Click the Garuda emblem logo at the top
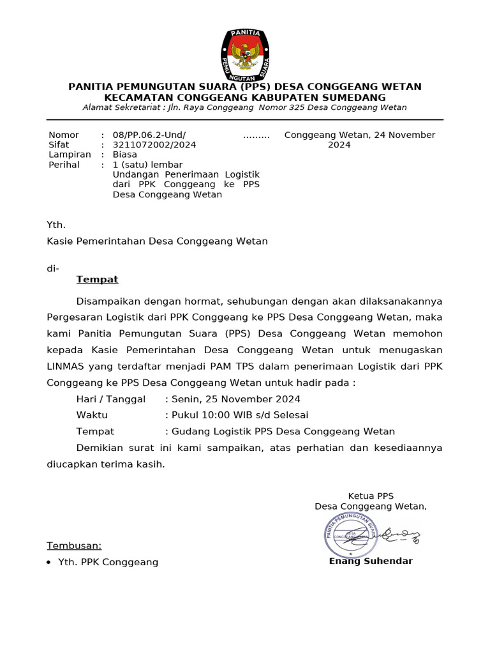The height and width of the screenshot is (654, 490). pyautogui.click(x=245, y=53)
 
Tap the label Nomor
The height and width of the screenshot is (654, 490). pyautogui.click(x=64, y=135)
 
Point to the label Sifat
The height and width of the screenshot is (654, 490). pyautogui.click(x=59, y=145)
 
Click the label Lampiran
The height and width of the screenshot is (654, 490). pyautogui.click(x=70, y=155)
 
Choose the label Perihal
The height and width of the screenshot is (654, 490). pyautogui.click(x=64, y=165)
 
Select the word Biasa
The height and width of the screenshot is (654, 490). pyautogui.click(x=125, y=155)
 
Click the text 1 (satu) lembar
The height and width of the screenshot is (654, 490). pyautogui.click(x=147, y=165)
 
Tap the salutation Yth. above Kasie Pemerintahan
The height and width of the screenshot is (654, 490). pyautogui.click(x=56, y=225)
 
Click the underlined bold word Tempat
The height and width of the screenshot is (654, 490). pyautogui.click(x=97, y=280)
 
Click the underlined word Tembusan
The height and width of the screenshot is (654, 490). pyautogui.click(x=74, y=546)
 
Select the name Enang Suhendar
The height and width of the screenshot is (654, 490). pyautogui.click(x=371, y=561)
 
